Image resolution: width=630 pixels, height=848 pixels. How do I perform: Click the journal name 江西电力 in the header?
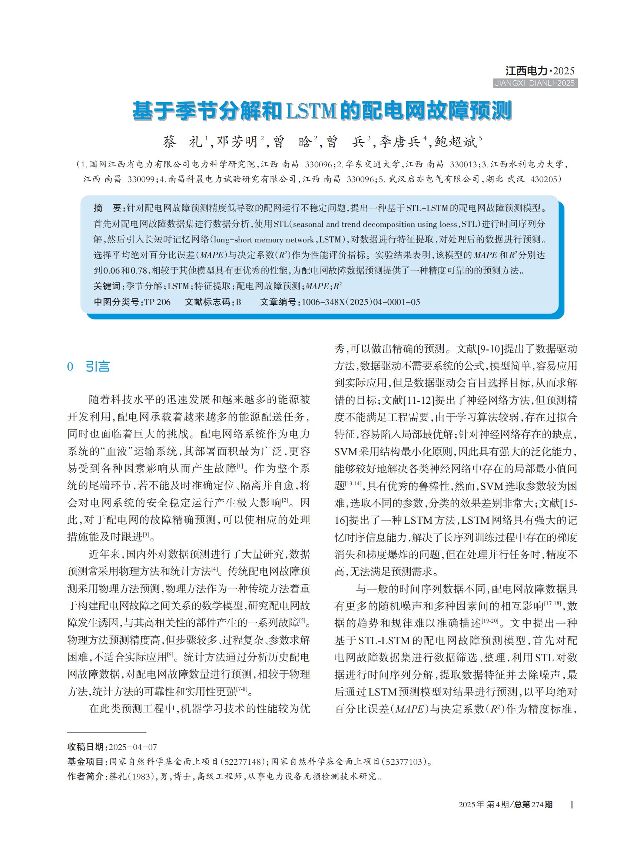click(526, 71)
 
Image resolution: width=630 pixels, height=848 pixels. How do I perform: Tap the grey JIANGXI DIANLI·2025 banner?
click(535, 83)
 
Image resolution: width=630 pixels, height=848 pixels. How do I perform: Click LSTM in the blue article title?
click(311, 111)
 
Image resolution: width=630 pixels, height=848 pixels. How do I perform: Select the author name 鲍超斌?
click(455, 142)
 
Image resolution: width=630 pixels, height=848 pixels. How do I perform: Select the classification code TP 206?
click(157, 302)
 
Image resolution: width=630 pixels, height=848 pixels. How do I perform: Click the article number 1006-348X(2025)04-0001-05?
click(361, 302)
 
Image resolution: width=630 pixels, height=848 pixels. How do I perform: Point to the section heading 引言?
click(97, 366)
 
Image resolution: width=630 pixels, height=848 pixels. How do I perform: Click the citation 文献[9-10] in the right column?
click(480, 348)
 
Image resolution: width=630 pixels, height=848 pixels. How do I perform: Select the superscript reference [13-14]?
click(353, 483)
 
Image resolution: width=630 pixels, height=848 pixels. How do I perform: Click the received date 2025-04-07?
click(133, 747)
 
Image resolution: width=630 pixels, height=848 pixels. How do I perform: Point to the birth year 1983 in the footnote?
click(141, 777)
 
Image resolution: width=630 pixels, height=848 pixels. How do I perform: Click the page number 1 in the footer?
click(571, 805)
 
